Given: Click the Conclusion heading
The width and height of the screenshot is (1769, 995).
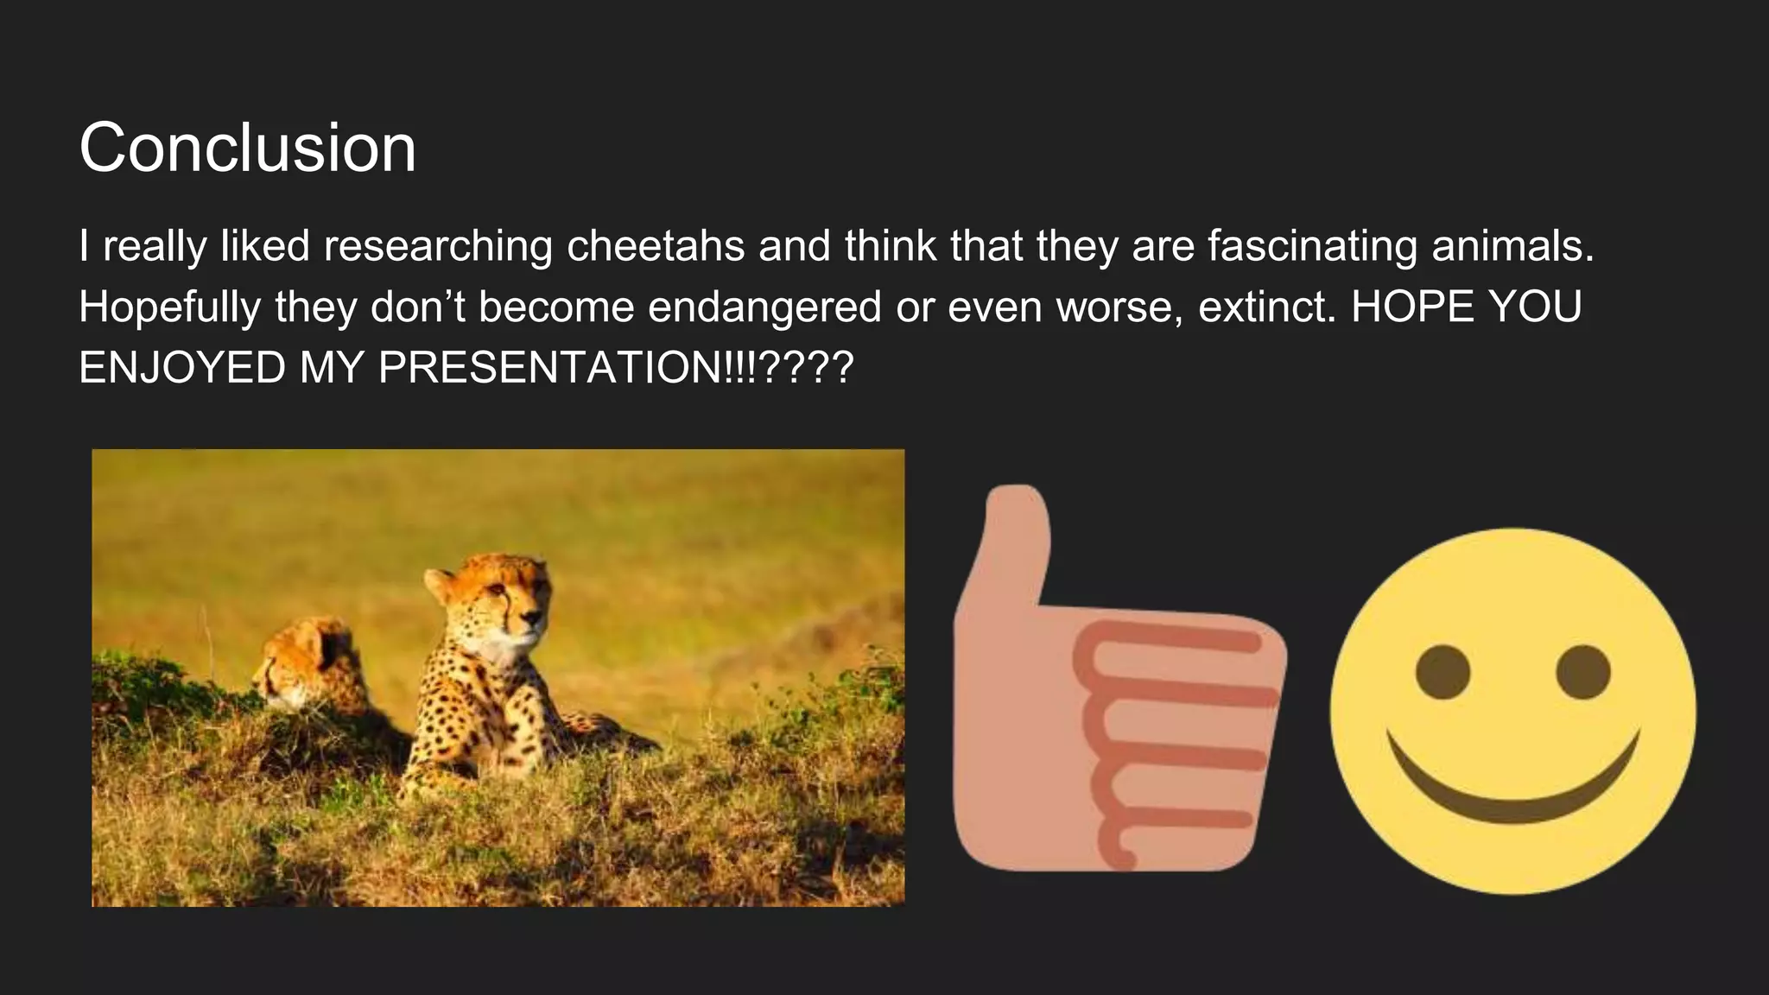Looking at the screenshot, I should tap(247, 149).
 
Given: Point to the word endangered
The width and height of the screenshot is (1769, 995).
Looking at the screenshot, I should tap(764, 307).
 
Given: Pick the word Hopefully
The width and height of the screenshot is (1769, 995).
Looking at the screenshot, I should tap(169, 307).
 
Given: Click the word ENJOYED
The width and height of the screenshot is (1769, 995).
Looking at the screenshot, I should tap(181, 368).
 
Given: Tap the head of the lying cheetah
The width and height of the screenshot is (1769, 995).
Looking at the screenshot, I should tap(298, 661).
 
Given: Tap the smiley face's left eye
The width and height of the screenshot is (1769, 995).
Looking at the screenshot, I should tap(1442, 672).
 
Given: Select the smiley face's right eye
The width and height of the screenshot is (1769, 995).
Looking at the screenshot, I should tap(1583, 672).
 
